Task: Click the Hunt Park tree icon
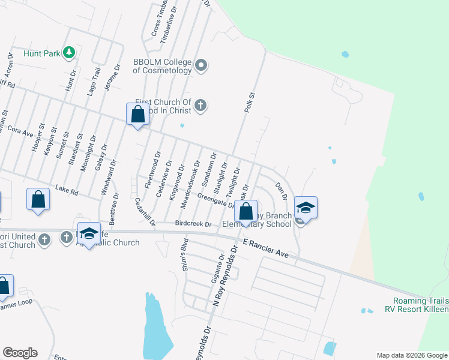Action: click(x=70, y=53)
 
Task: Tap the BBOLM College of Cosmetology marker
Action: click(x=201, y=65)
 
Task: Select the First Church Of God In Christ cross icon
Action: click(x=200, y=106)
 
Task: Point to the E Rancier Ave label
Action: click(x=266, y=248)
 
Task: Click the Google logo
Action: click(x=20, y=353)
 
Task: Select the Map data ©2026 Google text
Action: click(x=411, y=355)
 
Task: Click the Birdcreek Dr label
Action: click(x=193, y=224)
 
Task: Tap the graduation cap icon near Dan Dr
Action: click(x=306, y=208)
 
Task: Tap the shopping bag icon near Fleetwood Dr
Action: click(x=137, y=113)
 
